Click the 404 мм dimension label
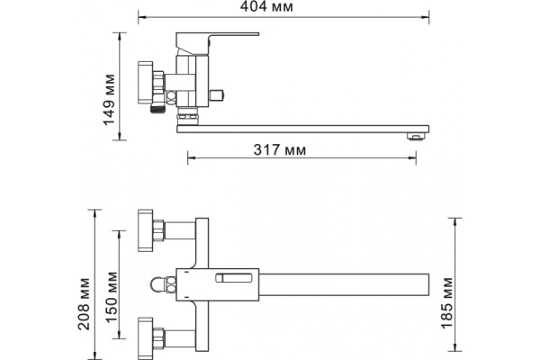266,7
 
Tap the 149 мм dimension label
110,100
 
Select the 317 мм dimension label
280,150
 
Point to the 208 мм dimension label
84,304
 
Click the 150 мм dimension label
112,297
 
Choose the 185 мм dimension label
446,303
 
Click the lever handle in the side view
217,40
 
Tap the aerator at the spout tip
416,137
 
